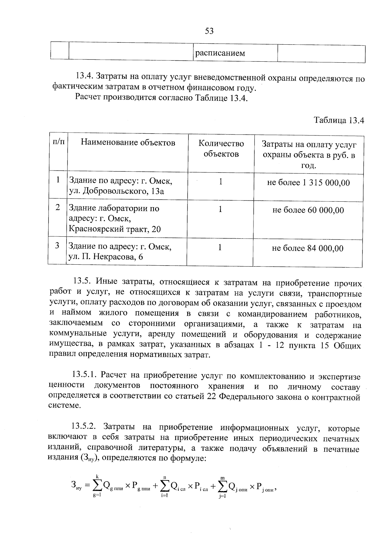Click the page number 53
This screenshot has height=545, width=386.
(209, 31)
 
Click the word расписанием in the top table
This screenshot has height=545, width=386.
(220, 53)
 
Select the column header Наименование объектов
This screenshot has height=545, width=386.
(128, 142)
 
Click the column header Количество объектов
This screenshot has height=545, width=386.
(221, 149)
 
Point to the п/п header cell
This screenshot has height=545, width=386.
(58, 142)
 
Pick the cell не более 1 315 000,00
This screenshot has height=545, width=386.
(308, 183)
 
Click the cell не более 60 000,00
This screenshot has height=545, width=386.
(308, 210)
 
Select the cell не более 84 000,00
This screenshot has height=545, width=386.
(308, 248)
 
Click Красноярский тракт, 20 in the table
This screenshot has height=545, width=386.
(115, 229)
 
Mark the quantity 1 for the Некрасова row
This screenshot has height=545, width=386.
(220, 247)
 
